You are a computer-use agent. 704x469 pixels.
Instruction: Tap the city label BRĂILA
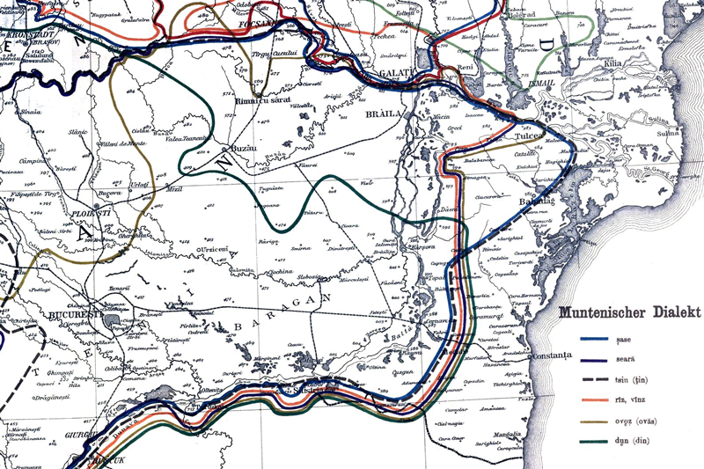(385, 114)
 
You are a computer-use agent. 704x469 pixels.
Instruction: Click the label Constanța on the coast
(551, 355)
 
